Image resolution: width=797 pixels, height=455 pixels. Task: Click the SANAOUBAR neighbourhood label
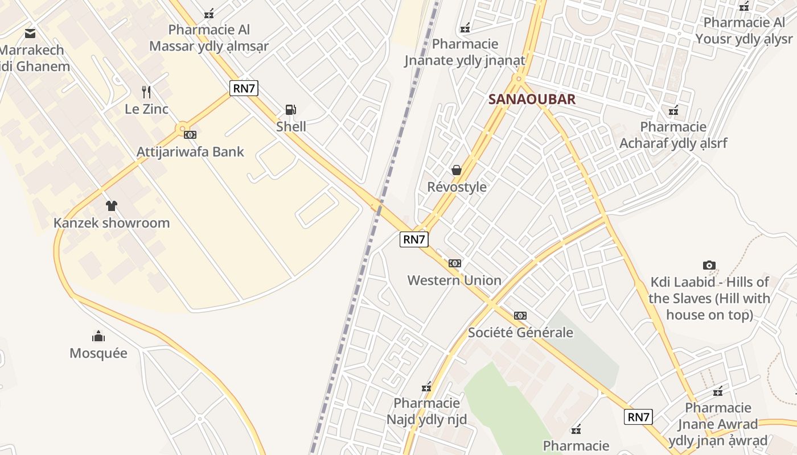click(532, 100)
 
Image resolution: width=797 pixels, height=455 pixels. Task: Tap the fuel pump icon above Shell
click(290, 109)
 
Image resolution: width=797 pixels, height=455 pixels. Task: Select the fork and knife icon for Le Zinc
click(146, 92)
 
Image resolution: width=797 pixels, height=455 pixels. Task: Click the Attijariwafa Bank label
click(190, 152)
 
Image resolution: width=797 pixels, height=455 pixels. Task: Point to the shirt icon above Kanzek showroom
click(112, 205)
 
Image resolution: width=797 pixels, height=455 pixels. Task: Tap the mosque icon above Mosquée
click(98, 336)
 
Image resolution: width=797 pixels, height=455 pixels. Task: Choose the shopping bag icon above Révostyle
click(456, 169)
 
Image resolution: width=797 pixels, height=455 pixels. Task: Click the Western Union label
click(454, 280)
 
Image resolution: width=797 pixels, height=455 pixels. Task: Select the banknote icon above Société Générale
click(520, 316)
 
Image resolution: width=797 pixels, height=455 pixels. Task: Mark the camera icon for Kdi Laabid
click(709, 265)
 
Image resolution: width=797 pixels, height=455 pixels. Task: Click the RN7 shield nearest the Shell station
click(244, 88)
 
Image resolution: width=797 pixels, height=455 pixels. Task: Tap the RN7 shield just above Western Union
click(414, 239)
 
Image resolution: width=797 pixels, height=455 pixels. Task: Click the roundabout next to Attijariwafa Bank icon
click(183, 129)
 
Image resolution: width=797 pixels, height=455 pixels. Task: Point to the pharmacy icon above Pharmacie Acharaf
click(673, 110)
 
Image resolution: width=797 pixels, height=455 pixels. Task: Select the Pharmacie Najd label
click(426, 411)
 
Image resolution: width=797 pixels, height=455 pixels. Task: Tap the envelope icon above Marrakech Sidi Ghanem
click(30, 34)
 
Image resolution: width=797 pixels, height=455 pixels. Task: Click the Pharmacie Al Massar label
click(209, 38)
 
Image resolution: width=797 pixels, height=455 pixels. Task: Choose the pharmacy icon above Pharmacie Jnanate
click(465, 27)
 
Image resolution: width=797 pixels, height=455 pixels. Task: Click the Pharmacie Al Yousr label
click(743, 31)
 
